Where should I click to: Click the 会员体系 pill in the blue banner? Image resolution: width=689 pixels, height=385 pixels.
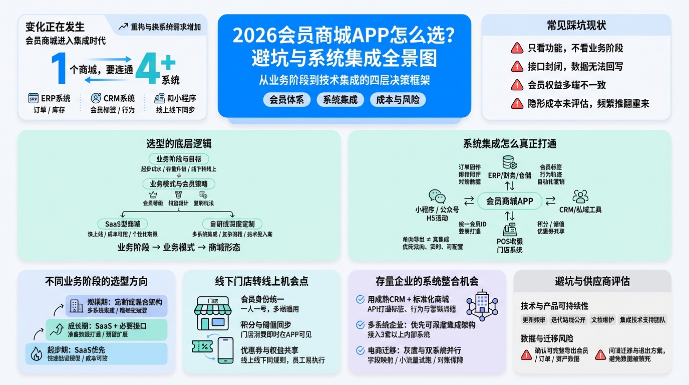tap(287, 99)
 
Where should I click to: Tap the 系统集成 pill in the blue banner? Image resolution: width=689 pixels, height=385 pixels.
tap(340, 99)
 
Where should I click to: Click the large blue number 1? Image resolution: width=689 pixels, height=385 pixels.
tap(59, 69)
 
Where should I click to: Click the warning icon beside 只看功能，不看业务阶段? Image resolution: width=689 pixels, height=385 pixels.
tap(517, 48)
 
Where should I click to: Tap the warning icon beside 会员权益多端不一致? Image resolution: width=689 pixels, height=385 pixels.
tap(517, 85)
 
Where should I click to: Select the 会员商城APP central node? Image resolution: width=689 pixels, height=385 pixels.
tap(510, 202)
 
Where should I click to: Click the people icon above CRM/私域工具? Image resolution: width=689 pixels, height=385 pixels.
tap(580, 196)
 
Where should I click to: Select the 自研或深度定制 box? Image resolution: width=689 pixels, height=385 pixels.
tap(232, 224)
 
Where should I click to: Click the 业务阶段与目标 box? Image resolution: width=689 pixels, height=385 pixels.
tap(179, 158)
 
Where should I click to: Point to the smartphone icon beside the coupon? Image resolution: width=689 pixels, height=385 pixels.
tap(225, 349)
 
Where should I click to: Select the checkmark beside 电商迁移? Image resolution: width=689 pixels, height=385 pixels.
tap(360, 350)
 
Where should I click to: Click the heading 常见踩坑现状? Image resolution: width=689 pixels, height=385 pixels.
tap(576, 26)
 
